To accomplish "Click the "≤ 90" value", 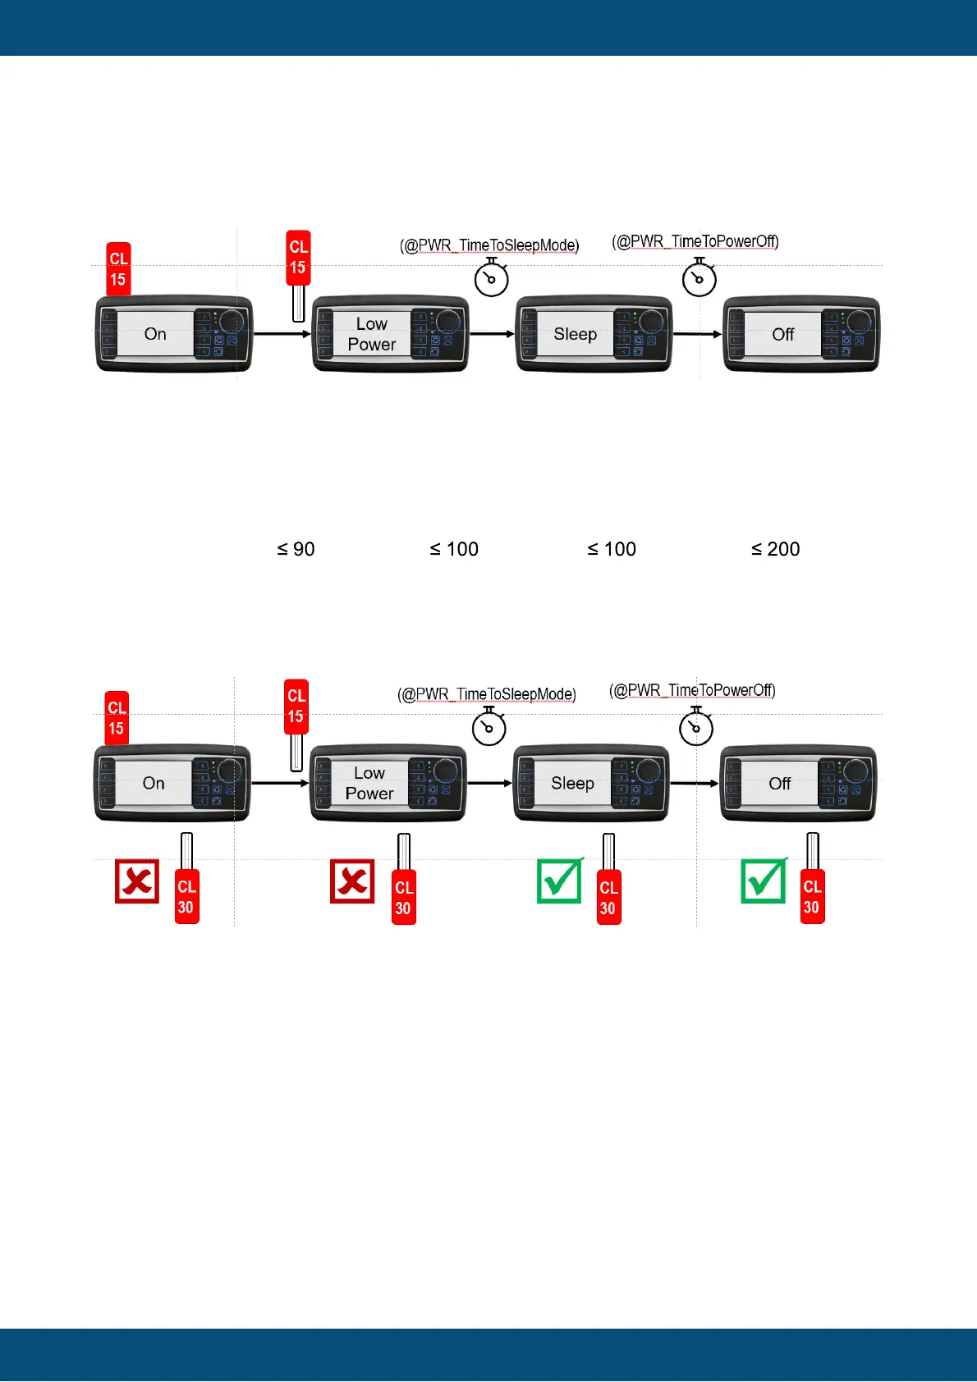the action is pos(296,549).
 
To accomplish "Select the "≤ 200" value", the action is pos(775,549).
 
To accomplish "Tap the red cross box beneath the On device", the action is pos(137,881).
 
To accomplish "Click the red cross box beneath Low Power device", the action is pos(352,881).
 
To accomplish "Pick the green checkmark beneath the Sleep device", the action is pos(560,881).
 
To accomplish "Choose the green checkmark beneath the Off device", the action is pos(764,881).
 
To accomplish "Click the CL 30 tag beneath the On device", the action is pos(187,897).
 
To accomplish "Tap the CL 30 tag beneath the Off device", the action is pos(812,896).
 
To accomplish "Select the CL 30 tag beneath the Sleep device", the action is pos(608,897).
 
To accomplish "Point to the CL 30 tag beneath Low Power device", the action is pos(404,897).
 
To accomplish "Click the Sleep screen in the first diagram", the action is pos(575,334).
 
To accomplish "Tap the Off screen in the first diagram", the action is pos(782,334).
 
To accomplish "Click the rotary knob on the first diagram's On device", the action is pos(232,321).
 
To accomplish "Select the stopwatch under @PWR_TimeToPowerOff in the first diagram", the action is pos(699,278).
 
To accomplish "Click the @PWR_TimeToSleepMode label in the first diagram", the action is pos(489,245).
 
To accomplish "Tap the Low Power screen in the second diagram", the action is pos(369,783).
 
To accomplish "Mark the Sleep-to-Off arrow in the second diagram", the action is pos(695,783).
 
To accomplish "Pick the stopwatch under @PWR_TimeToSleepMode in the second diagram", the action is pos(489,727).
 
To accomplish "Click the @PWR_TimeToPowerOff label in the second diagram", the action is pos(692,690).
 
